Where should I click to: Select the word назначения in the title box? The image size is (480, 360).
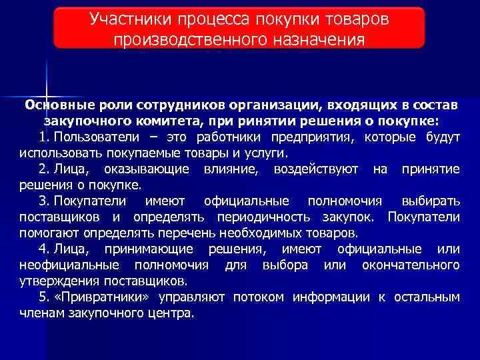313,39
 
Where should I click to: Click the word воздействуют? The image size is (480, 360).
316,169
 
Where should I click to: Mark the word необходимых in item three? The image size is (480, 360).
261,233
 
